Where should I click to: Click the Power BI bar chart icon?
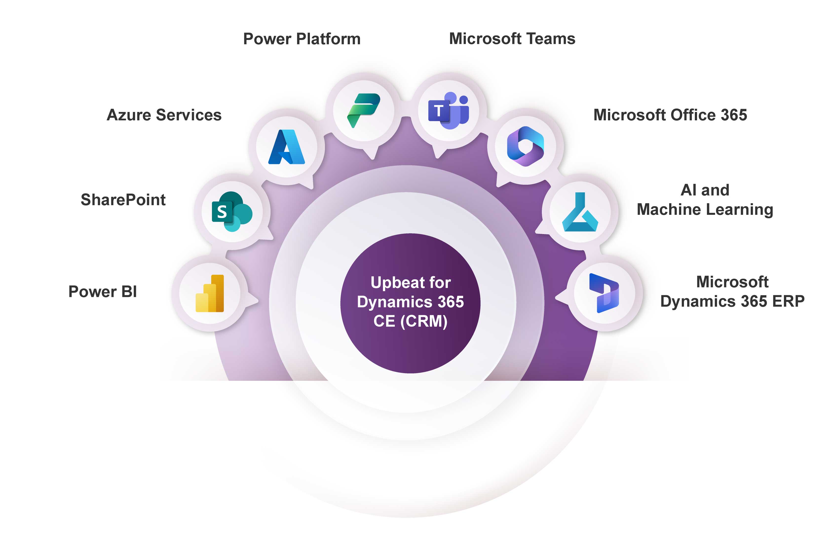pos(209,293)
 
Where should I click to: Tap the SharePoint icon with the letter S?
pos(231,211)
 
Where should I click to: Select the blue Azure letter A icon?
pos(286,147)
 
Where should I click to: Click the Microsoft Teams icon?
pos(448,110)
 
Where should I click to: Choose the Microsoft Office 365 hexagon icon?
pos(525,146)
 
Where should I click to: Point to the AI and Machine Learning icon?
pos(580,212)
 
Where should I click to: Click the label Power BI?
pos(102,292)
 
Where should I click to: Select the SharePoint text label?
pos(123,200)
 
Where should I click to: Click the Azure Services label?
pos(164,115)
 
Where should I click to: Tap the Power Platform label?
pos(302,39)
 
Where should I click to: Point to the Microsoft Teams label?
pos(512,38)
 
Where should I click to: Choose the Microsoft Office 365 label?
pos(670,115)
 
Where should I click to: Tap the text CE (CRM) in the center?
pos(410,321)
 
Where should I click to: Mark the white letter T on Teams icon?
pos(438,111)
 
